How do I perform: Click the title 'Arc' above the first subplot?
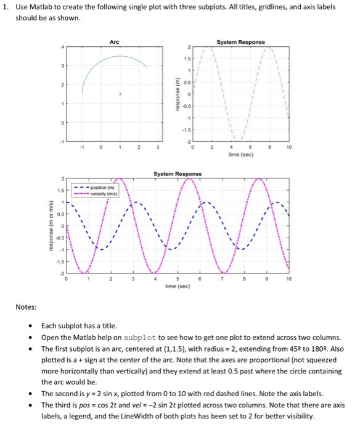tap(114, 42)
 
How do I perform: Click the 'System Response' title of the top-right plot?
tap(241, 42)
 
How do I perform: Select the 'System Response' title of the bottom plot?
tap(178, 173)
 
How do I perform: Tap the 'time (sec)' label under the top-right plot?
tap(241, 157)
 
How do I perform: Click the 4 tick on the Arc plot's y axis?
tap(61, 47)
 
